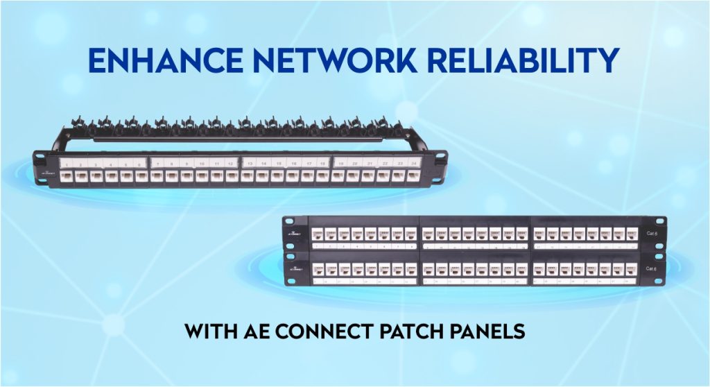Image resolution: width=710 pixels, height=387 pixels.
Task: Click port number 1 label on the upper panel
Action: pos(66,164)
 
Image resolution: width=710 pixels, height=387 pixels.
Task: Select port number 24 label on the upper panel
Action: pos(413,164)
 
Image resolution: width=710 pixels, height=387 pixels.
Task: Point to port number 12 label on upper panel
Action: pos(230,164)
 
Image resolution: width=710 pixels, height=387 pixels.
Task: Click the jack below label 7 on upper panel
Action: pos(157,176)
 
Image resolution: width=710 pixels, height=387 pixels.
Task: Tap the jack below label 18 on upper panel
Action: pos(322,176)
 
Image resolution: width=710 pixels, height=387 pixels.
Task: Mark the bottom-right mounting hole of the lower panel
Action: pos(661,280)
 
